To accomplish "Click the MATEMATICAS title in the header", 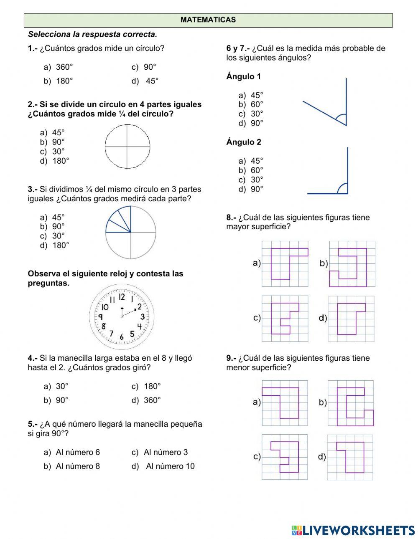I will pos(208,20).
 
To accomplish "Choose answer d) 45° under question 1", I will pos(145,81).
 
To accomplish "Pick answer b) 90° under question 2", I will pos(53,142).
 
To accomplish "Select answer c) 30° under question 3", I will pos(53,236).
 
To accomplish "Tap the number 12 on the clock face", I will pos(121,297).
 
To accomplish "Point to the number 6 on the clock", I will pos(121,337).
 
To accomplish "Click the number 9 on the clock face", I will pos(101,317).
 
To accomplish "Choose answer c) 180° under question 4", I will pos(146,387).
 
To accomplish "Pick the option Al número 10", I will pos(164,466).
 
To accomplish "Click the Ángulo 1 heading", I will pos(244,76).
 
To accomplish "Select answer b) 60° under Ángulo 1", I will pos(251,104).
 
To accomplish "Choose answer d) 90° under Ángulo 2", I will pos(251,189).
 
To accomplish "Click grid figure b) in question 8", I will pos(352,264).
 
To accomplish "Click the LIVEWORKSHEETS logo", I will pos(353,530).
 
